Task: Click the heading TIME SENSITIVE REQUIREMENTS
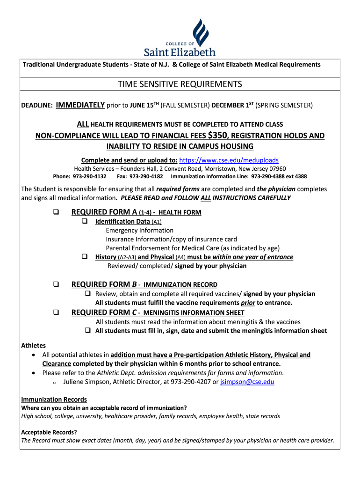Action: [x=180, y=84]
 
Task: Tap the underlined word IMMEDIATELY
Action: [x=80, y=105]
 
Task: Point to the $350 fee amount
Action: [x=218, y=135]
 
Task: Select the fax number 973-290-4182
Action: [x=146, y=176]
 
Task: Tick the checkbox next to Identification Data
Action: [x=85, y=221]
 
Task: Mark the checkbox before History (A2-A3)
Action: [x=85, y=257]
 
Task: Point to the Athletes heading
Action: [x=34, y=346]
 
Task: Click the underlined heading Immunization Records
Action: [x=54, y=399]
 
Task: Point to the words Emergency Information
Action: [x=139, y=230]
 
